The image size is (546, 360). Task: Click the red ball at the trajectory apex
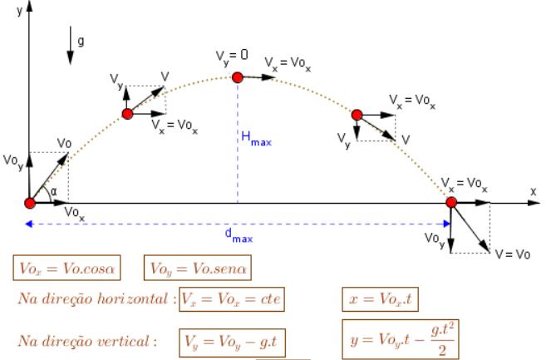[238, 77]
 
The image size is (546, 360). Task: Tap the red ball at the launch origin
[30, 203]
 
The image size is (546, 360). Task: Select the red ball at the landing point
[451, 202]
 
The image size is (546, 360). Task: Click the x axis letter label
[533, 190]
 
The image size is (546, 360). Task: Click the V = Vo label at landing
[511, 254]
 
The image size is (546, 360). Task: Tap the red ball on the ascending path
[127, 114]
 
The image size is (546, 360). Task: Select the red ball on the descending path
[357, 114]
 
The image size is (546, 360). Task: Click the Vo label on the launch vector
[64, 143]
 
